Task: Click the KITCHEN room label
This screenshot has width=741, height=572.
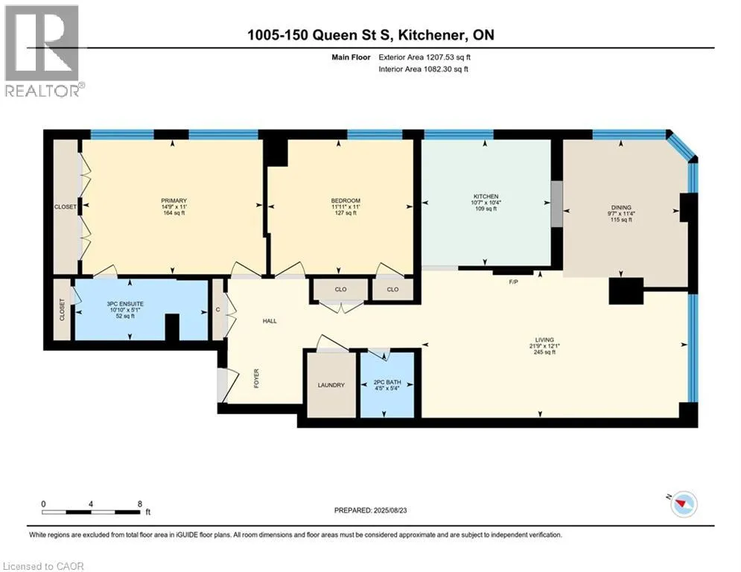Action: pyautogui.click(x=486, y=197)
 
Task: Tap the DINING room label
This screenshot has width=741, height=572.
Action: pyautogui.click(x=621, y=208)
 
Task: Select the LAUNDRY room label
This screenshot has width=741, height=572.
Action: pyautogui.click(x=331, y=385)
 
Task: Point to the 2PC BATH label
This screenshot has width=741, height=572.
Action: pyautogui.click(x=387, y=382)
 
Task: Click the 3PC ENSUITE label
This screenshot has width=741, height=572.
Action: pyautogui.click(x=125, y=304)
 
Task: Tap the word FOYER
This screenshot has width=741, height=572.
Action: pyautogui.click(x=257, y=378)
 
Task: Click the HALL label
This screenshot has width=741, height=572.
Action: pyautogui.click(x=270, y=321)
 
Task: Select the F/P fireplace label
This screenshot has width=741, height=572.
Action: pyautogui.click(x=513, y=282)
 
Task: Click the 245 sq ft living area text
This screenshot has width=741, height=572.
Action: pyautogui.click(x=544, y=352)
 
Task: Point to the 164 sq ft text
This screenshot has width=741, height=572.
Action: pyautogui.click(x=174, y=213)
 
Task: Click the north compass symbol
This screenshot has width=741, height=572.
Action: pyautogui.click(x=684, y=504)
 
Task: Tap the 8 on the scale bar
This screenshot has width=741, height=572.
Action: pyautogui.click(x=140, y=504)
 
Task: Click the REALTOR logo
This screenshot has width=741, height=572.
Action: pyautogui.click(x=42, y=51)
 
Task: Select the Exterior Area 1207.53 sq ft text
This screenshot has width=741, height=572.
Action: pyautogui.click(x=424, y=57)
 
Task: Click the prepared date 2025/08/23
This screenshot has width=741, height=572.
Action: pyautogui.click(x=390, y=510)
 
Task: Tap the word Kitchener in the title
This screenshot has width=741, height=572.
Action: pyautogui.click(x=430, y=35)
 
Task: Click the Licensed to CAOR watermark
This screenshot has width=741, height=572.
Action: pyautogui.click(x=43, y=566)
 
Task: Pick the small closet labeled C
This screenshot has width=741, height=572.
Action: pyautogui.click(x=218, y=310)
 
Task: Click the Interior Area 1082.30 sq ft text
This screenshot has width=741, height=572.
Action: pyautogui.click(x=424, y=69)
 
